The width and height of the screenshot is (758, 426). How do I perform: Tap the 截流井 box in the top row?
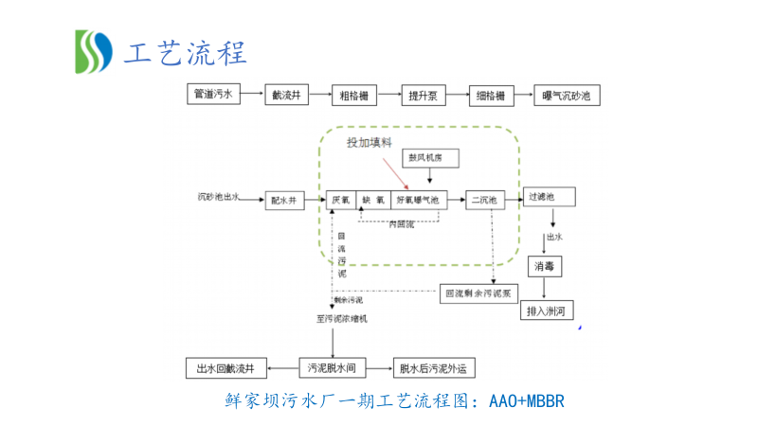pyautogui.click(x=285, y=95)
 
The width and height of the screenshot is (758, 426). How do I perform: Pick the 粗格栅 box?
pyautogui.click(x=354, y=95)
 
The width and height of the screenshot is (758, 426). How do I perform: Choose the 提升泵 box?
pyautogui.click(x=423, y=95)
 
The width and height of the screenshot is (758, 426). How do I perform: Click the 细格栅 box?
pyautogui.click(x=492, y=95)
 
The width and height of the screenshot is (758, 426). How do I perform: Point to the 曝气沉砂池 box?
pyautogui.click(x=566, y=95)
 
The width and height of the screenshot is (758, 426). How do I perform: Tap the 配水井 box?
pyautogui.click(x=283, y=200)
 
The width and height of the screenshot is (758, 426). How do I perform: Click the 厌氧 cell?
pyautogui.click(x=340, y=200)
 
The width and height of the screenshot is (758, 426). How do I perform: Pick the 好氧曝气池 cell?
pyautogui.click(x=418, y=200)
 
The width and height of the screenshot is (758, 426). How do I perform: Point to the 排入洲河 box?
pyautogui.click(x=550, y=310)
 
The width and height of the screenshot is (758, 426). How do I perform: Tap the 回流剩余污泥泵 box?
pyautogui.click(x=478, y=293)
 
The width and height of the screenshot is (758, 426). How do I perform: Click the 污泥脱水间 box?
pyautogui.click(x=331, y=367)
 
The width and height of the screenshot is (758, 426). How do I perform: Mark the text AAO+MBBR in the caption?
pyautogui.click(x=527, y=402)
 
